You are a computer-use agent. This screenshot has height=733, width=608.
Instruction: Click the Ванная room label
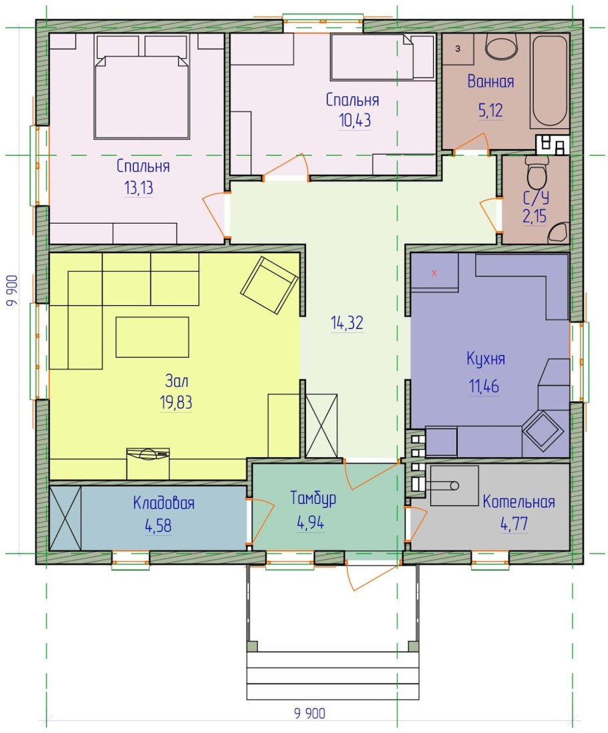(x=490, y=81)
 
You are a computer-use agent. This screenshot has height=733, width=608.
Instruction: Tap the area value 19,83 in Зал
(x=176, y=402)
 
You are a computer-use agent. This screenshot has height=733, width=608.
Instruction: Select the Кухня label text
(x=486, y=359)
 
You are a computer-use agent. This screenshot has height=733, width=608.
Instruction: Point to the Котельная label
(x=518, y=501)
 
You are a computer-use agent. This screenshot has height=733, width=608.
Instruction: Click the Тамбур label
(x=313, y=498)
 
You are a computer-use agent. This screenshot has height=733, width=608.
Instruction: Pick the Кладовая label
(x=164, y=503)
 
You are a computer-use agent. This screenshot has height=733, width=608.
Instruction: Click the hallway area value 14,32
(x=347, y=322)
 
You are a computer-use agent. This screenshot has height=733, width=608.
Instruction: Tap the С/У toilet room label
(x=536, y=198)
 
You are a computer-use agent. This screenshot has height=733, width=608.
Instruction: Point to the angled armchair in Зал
(x=269, y=284)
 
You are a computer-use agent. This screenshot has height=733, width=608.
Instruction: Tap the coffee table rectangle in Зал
(x=152, y=337)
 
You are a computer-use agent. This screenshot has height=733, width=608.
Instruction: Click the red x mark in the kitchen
(x=434, y=273)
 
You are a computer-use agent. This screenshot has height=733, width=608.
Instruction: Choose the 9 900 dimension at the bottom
(x=309, y=714)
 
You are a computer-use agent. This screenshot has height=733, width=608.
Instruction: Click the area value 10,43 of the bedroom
(x=355, y=120)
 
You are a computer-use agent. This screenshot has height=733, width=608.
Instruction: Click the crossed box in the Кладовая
(x=65, y=518)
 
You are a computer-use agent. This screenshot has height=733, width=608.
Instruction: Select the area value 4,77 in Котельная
(x=514, y=523)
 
